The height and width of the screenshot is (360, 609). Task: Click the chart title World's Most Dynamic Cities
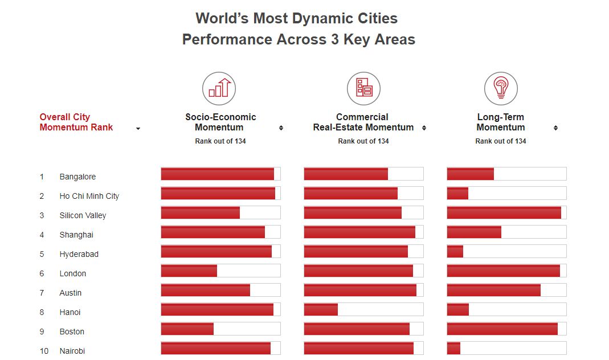tap(296, 18)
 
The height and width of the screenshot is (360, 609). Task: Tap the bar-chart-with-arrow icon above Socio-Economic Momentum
tap(219, 88)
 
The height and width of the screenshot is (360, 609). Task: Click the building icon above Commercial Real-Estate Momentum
tap(363, 88)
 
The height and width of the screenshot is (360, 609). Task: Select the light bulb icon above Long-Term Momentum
tap(501, 88)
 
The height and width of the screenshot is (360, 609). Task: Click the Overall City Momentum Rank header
tap(76, 122)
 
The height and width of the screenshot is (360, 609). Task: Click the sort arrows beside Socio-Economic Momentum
tap(281, 128)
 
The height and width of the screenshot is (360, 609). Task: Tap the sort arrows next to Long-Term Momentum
tap(555, 128)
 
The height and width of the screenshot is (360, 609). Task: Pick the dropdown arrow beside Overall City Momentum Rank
tap(138, 129)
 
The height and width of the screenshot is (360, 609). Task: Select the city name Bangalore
tap(77, 177)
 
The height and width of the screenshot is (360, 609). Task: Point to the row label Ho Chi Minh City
tap(89, 196)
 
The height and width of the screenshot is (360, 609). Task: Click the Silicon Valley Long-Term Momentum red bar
tap(504, 212)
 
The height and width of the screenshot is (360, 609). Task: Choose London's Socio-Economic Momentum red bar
tap(189, 271)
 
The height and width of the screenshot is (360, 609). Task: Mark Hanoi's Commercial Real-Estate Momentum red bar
tap(321, 309)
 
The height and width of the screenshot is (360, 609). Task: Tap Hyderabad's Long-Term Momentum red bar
tap(455, 251)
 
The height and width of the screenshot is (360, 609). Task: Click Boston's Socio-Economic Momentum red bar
tap(187, 329)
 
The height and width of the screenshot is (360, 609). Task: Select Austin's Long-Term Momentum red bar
tap(493, 290)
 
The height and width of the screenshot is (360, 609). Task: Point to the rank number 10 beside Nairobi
tap(44, 351)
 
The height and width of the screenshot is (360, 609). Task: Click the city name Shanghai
tap(76, 235)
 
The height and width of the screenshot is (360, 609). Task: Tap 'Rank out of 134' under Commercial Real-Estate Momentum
tap(363, 141)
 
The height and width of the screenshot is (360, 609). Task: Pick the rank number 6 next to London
tap(42, 273)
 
